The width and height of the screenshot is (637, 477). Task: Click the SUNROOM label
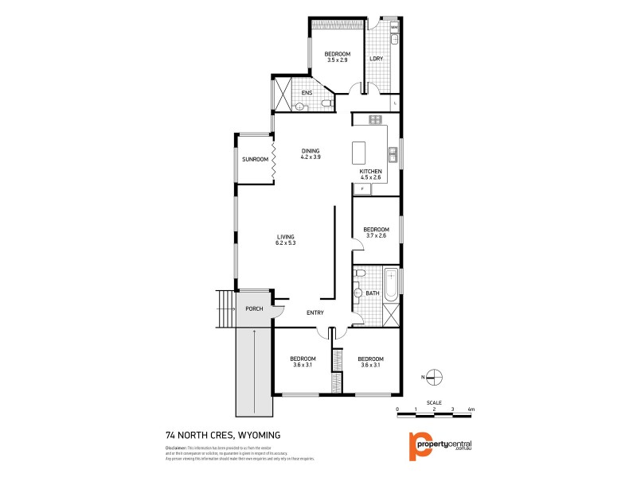tap(255, 160)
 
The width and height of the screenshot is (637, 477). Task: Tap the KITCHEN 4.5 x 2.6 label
tap(371, 175)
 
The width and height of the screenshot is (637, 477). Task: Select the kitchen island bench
tap(358, 151)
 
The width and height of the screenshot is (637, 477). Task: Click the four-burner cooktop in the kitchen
tap(374, 120)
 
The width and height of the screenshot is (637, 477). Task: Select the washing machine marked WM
tap(393, 27)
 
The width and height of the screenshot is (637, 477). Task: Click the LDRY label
tap(376, 58)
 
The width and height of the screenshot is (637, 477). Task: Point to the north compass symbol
tap(434, 377)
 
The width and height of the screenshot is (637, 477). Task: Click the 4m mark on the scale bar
tap(471, 409)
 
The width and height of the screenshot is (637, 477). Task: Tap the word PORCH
tap(254, 308)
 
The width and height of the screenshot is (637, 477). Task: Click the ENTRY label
tap(315, 312)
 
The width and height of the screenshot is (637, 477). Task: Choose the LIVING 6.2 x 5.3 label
tap(286, 240)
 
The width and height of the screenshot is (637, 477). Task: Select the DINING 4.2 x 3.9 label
tap(311, 153)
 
